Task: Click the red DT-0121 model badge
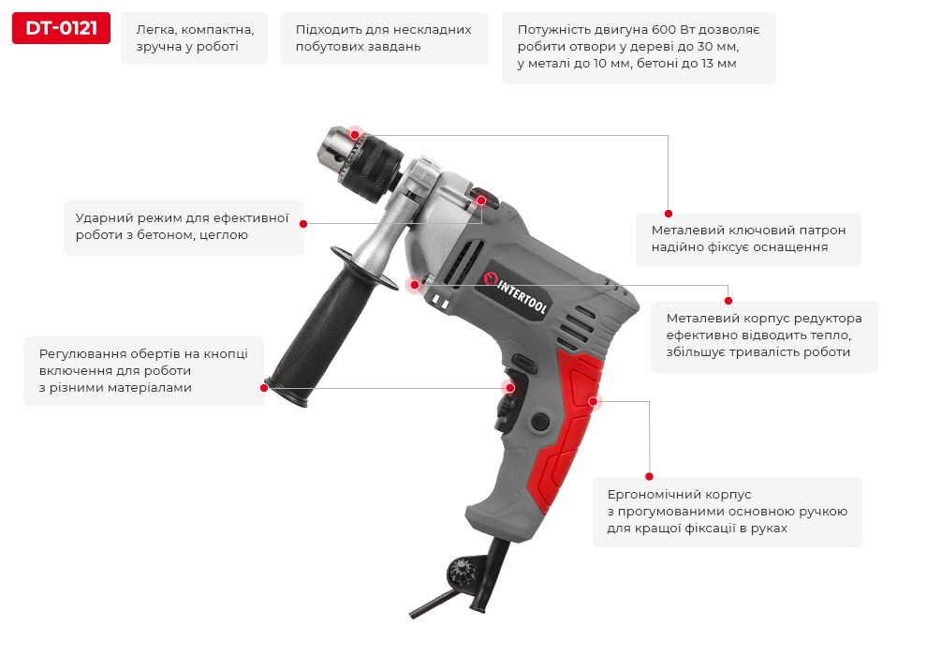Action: coord(61,28)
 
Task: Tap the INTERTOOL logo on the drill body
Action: coord(515,294)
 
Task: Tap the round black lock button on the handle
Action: coord(539,421)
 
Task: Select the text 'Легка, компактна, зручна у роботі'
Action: coord(195,37)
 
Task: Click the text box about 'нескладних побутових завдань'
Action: coord(384,37)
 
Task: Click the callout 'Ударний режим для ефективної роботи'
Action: coord(184,227)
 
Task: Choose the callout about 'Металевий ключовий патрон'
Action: coord(748,239)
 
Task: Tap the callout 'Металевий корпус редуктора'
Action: coord(764,336)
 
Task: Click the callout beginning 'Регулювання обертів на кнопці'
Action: coord(143,371)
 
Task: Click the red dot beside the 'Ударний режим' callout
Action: coord(303,224)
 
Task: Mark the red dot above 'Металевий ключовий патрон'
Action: coord(668,214)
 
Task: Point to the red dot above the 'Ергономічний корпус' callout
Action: coord(649,476)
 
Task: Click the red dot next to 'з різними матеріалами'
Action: coord(264,387)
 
